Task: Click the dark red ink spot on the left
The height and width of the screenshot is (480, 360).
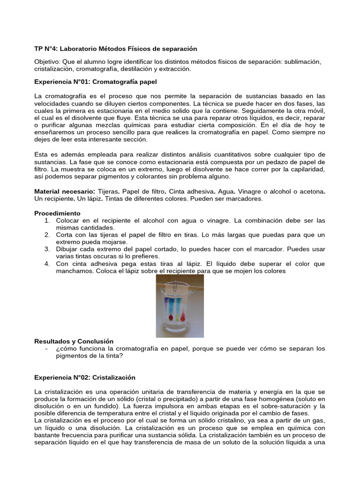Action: [169, 318]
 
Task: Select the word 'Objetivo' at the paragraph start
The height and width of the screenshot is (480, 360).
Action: [48, 62]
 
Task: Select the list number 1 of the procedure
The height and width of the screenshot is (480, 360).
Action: [47, 220]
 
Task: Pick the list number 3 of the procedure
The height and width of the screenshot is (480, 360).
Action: [47, 249]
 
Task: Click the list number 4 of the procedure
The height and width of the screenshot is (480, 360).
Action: [47, 264]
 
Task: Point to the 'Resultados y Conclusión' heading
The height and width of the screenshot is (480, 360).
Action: [74, 341]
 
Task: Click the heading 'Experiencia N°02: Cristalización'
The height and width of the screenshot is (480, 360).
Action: [85, 377]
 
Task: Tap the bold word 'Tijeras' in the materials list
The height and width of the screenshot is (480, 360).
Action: [108, 192]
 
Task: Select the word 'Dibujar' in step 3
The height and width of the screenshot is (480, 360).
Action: [67, 249]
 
